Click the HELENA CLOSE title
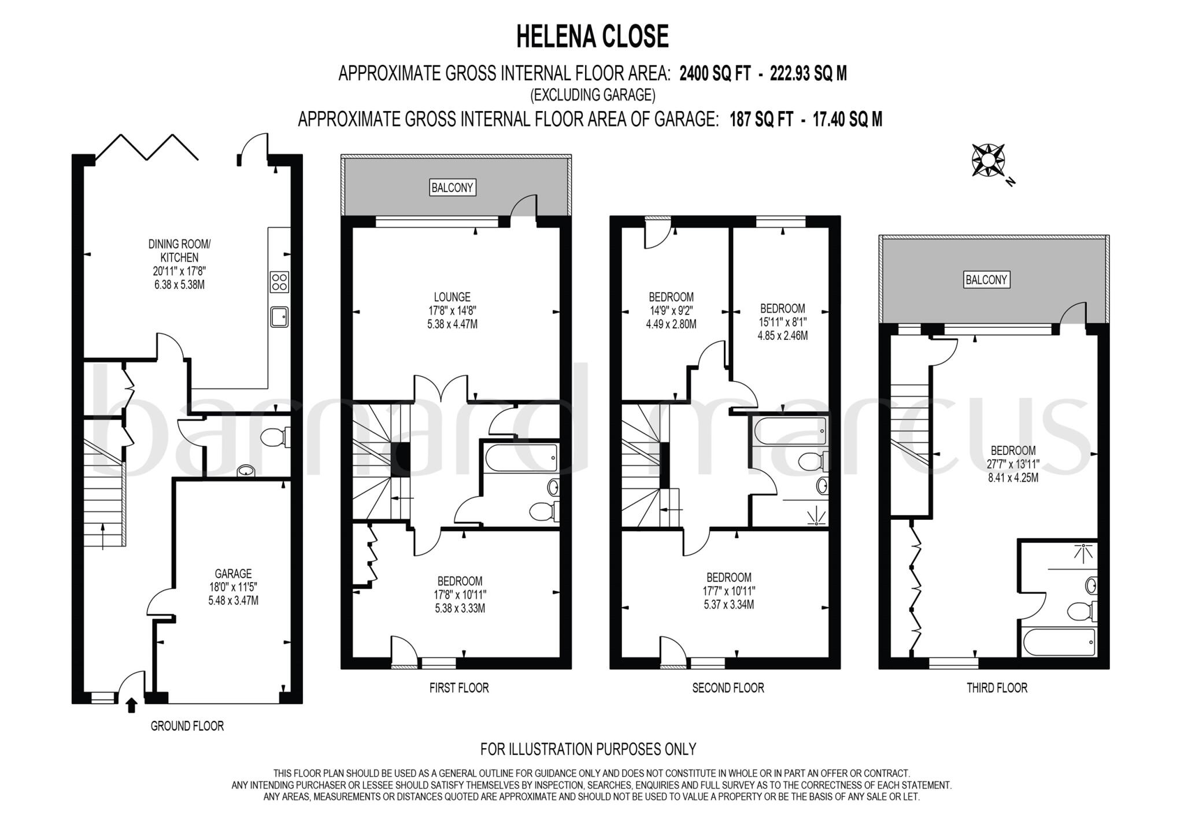point(592,36)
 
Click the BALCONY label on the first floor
point(452,187)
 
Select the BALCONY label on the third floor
point(986,280)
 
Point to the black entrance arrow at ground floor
point(131,704)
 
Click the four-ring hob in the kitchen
point(279,282)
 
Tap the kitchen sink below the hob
point(279,317)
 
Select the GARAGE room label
point(233,574)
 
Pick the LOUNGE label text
point(452,297)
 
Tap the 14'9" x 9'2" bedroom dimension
point(671,311)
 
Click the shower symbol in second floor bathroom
point(816,513)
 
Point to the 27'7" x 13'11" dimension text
point(1013,464)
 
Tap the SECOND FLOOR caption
point(728,688)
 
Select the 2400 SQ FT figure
point(715,74)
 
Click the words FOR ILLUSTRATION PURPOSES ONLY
point(588,749)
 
